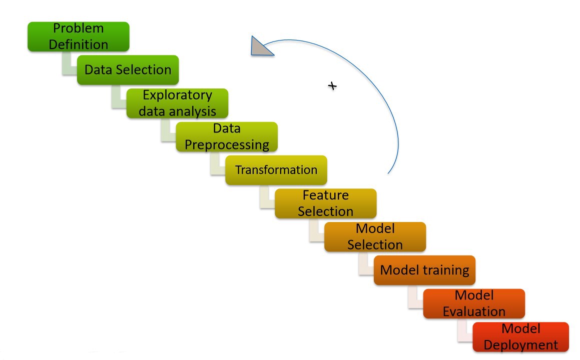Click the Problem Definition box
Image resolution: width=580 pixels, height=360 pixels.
click(79, 36)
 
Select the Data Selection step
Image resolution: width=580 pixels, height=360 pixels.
click(128, 69)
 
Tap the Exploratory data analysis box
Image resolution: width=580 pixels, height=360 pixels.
click(177, 103)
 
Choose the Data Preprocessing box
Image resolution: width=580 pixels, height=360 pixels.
click(226, 136)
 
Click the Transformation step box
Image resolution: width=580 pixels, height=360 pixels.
click(276, 170)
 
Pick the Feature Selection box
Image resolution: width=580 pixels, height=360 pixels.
click(325, 203)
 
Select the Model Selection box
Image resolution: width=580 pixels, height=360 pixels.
click(375, 236)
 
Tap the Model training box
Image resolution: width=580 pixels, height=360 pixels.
click(424, 270)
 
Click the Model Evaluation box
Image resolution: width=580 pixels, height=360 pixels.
click(474, 303)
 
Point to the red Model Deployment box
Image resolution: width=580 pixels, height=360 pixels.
click(520, 336)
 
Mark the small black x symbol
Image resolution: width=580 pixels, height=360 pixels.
click(332, 86)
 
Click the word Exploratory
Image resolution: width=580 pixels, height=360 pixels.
click(177, 95)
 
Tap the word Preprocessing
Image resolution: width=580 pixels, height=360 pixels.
click(227, 144)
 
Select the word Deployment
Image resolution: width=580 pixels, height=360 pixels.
click(520, 344)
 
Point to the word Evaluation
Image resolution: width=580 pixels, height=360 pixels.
click(474, 311)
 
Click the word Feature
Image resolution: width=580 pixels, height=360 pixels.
click(325, 195)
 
